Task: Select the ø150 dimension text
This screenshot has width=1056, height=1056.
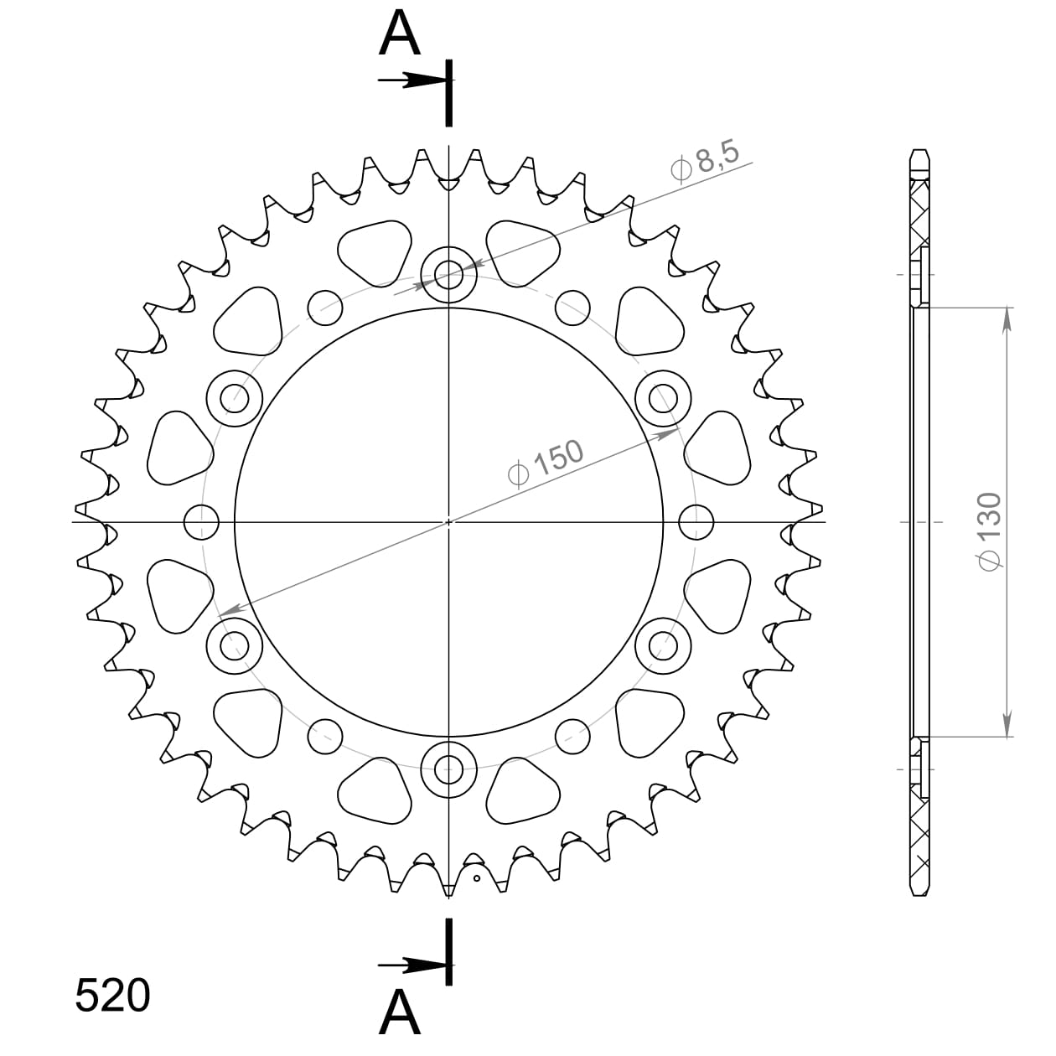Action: pos(546,462)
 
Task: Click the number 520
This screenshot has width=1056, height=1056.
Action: pos(113,996)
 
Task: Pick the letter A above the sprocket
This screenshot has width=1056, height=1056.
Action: pos(400,34)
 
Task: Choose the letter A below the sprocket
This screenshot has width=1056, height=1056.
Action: pos(400,1013)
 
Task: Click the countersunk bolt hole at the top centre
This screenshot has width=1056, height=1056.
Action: pos(448,274)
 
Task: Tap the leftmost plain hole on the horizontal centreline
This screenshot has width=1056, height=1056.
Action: pos(201,521)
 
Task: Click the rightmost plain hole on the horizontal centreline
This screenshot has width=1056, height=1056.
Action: pos(696,521)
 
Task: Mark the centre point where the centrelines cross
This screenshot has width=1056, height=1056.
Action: pos(448,521)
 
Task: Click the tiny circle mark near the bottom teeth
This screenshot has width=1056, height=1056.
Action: pos(477,878)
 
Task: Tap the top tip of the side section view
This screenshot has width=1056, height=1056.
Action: pos(919,152)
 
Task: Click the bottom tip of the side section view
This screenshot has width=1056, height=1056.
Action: pos(919,893)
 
